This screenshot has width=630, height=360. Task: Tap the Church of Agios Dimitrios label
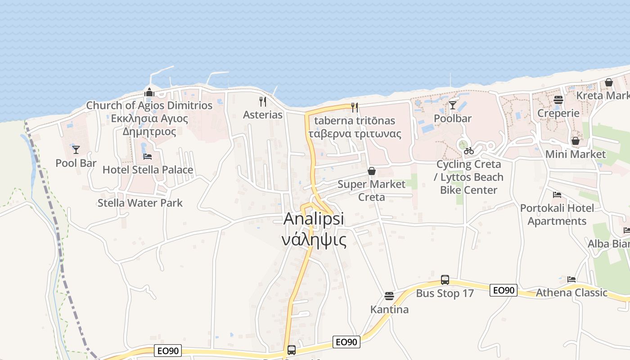click(x=149, y=105)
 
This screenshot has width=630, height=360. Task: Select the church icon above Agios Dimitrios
click(x=149, y=93)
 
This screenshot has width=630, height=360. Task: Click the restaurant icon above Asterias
click(x=263, y=102)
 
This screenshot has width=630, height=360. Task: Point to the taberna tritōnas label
click(x=355, y=121)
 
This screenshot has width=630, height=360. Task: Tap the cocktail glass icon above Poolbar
click(x=452, y=105)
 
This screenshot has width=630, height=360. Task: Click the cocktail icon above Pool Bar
click(x=76, y=149)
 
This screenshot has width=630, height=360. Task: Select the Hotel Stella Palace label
click(x=148, y=170)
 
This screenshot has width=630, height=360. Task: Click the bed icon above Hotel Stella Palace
click(x=147, y=157)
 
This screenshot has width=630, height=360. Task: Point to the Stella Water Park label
click(x=140, y=203)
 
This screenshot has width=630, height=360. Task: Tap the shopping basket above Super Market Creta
click(x=371, y=171)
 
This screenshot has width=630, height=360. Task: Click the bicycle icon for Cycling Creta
click(x=468, y=151)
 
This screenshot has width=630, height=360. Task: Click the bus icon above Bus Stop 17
click(x=445, y=280)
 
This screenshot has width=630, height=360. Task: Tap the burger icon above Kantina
click(x=389, y=296)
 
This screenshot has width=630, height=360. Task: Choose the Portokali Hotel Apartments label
click(x=557, y=215)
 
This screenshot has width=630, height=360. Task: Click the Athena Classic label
click(x=571, y=292)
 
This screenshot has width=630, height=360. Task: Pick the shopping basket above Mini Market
click(x=575, y=141)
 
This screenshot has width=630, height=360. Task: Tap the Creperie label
click(x=558, y=113)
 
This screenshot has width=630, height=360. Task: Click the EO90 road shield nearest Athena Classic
click(x=503, y=290)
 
